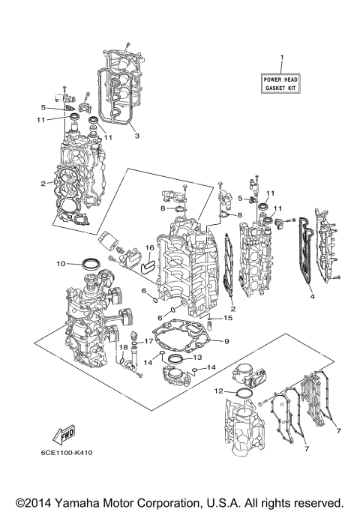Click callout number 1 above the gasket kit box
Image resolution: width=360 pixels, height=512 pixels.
coord(282,58)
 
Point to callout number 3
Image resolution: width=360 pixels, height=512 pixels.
coord(136,136)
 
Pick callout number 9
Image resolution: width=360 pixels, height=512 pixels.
coord(226,342)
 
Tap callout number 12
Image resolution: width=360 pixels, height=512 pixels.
coord(218,391)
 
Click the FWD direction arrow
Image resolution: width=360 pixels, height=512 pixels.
coord(62,436)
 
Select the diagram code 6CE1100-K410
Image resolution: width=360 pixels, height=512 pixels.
coord(68,453)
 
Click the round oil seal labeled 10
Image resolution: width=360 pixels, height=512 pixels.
coord(93,263)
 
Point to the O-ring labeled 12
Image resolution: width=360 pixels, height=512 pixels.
coord(244,394)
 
